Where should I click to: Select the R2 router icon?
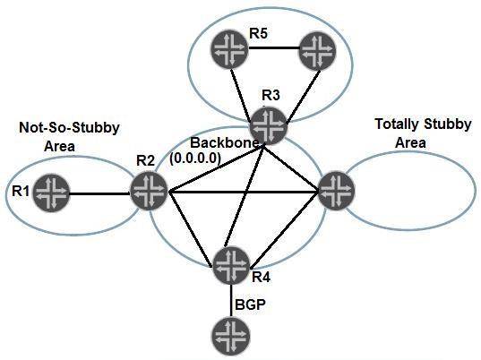(x=149, y=191)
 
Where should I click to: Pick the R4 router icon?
(x=231, y=264)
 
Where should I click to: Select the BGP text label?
(x=250, y=305)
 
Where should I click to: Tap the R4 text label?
(x=262, y=278)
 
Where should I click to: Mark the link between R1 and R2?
(x=100, y=192)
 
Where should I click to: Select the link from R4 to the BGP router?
(x=231, y=301)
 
